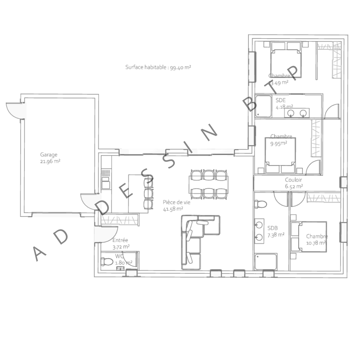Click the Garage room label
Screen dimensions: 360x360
tap(49, 155)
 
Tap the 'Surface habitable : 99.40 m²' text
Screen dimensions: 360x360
tap(158, 67)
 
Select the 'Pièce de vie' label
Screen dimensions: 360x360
tap(173, 202)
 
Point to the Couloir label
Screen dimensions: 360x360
tap(293, 180)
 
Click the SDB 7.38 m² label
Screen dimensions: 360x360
tap(276, 231)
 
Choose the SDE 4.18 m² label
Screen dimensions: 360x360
tap(284, 104)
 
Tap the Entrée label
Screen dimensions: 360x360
tap(120, 240)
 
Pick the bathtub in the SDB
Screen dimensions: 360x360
tap(266, 262)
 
